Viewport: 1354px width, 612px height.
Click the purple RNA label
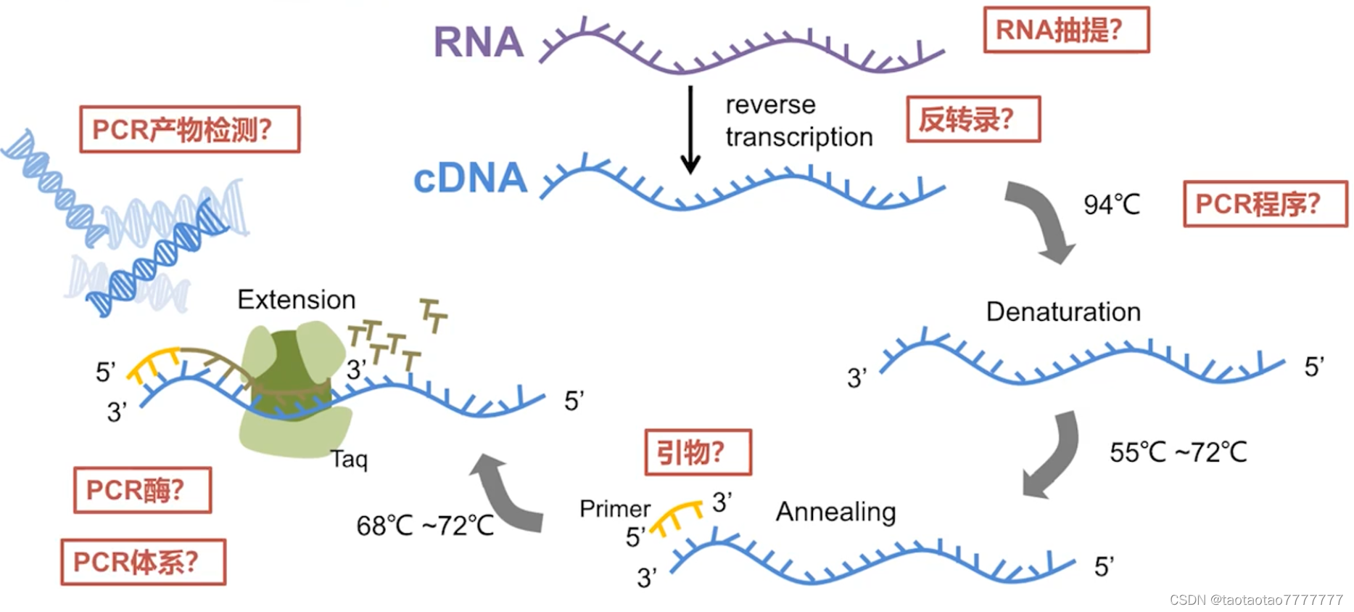tap(478, 42)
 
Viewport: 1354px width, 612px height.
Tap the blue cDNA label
tap(470, 179)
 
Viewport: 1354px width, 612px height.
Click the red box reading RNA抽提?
tap(1065, 30)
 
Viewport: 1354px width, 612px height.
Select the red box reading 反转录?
tap(973, 119)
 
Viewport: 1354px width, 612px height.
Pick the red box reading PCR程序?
tap(1264, 204)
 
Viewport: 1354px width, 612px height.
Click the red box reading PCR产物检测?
tap(189, 129)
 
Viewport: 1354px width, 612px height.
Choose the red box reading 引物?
tap(697, 452)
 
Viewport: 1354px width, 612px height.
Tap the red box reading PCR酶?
tap(142, 490)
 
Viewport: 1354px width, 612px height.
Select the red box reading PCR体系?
tap(143, 562)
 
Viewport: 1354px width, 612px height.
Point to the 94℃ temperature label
tap(1111, 205)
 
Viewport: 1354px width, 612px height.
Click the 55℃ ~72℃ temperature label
tap(1178, 452)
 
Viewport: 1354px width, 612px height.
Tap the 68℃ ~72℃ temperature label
tap(425, 526)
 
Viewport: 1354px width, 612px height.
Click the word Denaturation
tap(1062, 312)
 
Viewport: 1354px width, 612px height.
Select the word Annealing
tap(835, 512)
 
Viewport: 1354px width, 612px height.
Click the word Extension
tap(296, 300)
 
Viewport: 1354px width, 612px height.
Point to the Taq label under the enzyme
tap(349, 459)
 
